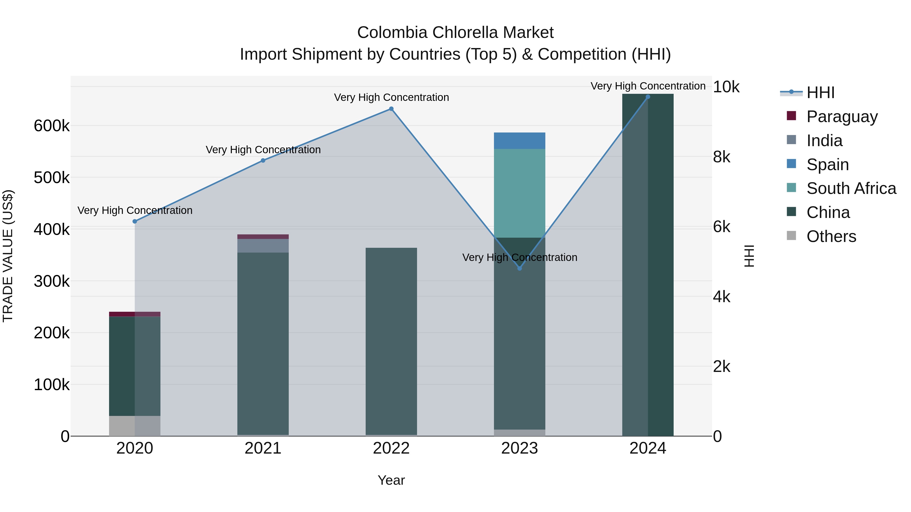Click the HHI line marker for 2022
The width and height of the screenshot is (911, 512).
[x=391, y=109]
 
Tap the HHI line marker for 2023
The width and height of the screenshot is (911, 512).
[x=520, y=268]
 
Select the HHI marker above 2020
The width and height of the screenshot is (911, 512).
[x=135, y=221]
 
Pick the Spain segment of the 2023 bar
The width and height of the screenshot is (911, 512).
[x=520, y=141]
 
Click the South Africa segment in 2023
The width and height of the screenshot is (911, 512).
[x=520, y=193]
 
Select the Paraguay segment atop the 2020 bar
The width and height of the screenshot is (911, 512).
[x=135, y=314]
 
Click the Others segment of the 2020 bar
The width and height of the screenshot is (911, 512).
[x=135, y=426]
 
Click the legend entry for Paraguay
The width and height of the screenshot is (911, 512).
[x=842, y=117]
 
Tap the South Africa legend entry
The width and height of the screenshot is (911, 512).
[x=851, y=188]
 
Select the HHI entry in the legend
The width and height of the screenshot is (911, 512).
[x=820, y=93]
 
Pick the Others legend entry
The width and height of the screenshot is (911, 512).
[x=831, y=236]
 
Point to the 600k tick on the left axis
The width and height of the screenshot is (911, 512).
[x=52, y=126]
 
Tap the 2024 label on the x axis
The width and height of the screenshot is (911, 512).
[x=648, y=448]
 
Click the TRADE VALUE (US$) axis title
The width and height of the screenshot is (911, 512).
[x=8, y=256]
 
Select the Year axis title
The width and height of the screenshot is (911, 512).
[x=391, y=480]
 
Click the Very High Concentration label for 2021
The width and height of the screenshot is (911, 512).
[x=263, y=150]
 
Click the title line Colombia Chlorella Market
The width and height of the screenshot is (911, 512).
[x=455, y=33]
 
